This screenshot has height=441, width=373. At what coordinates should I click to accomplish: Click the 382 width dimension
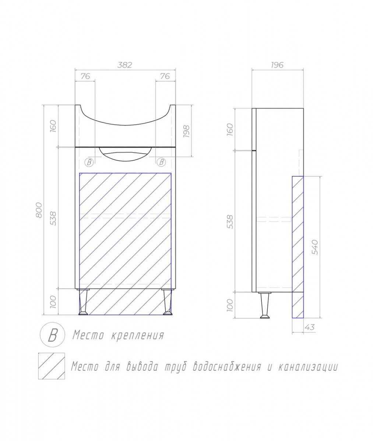(125, 65)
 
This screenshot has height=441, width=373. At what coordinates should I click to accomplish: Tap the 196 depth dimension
(277, 65)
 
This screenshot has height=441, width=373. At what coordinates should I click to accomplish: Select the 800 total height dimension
(39, 210)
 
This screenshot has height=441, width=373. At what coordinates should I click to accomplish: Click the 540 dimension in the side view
(315, 247)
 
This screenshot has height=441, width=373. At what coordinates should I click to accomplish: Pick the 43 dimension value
(310, 327)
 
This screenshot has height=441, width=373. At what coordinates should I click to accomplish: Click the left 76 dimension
(85, 76)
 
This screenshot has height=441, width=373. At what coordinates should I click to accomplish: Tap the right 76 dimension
(165, 76)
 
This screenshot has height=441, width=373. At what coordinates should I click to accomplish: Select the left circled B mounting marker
(89, 162)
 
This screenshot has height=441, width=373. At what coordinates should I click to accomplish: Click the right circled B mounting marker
(161, 162)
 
